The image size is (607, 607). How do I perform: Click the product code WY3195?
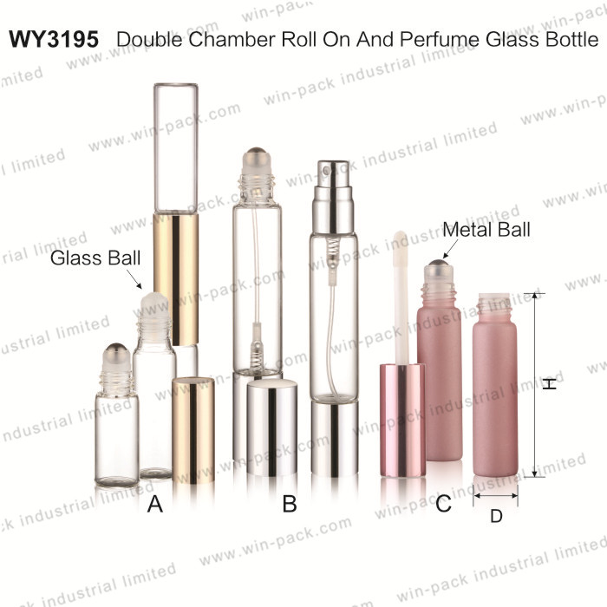pyautogui.click(x=54, y=40)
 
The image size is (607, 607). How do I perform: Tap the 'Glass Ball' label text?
pyautogui.click(x=95, y=258)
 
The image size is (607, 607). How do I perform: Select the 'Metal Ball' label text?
pyautogui.click(x=486, y=229)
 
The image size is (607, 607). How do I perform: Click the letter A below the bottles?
pyautogui.click(x=155, y=504)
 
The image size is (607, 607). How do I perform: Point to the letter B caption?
pyautogui.click(x=290, y=504)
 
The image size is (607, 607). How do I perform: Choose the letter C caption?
pyautogui.click(x=443, y=504)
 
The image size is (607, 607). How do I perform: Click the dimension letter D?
pyautogui.click(x=496, y=516)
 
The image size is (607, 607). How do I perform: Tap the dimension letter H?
pyautogui.click(x=549, y=383)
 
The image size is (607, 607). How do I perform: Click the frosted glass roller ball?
pyautogui.click(x=155, y=304)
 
